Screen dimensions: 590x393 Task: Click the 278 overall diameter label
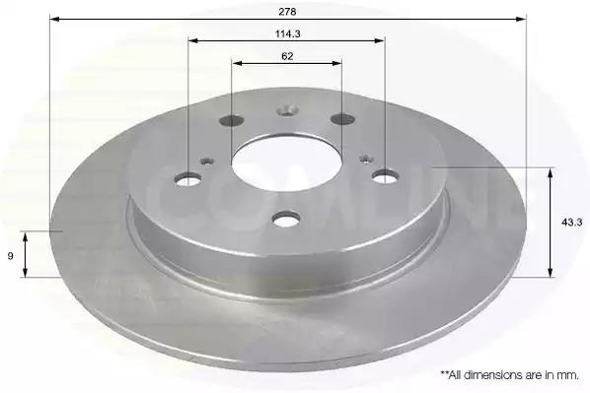(x=287, y=12)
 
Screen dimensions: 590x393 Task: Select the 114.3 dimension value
(x=287, y=33)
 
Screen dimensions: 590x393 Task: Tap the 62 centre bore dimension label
(x=287, y=56)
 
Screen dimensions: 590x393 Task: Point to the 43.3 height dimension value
(x=571, y=223)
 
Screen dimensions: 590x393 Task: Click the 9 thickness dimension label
(x=11, y=256)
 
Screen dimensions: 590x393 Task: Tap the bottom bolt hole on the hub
(x=286, y=219)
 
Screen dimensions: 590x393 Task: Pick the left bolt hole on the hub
(x=187, y=178)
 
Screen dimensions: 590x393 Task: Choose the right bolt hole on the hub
(x=386, y=176)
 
